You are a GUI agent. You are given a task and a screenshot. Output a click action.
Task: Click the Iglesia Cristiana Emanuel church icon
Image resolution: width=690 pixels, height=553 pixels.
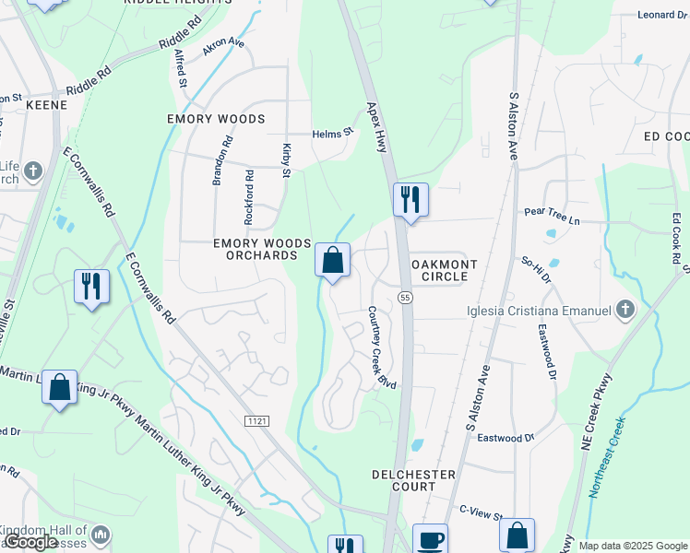coord(626,309)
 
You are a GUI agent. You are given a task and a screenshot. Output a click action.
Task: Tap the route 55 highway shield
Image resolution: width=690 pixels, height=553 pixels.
coord(405,297)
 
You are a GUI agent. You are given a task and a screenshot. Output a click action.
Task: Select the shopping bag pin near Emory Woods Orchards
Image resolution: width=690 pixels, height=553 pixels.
coord(332,261)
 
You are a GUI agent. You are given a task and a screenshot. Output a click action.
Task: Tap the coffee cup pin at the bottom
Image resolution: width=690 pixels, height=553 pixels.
coord(430,539)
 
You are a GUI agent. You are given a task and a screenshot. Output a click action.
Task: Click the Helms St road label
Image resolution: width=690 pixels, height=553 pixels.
coord(332,133)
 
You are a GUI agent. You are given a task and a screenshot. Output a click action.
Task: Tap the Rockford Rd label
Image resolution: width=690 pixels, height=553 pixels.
coord(248,196)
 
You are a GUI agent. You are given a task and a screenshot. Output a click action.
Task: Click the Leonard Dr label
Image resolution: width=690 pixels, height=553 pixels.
coord(663,15)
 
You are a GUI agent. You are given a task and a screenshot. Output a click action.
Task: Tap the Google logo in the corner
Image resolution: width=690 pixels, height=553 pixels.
coord(30,542)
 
